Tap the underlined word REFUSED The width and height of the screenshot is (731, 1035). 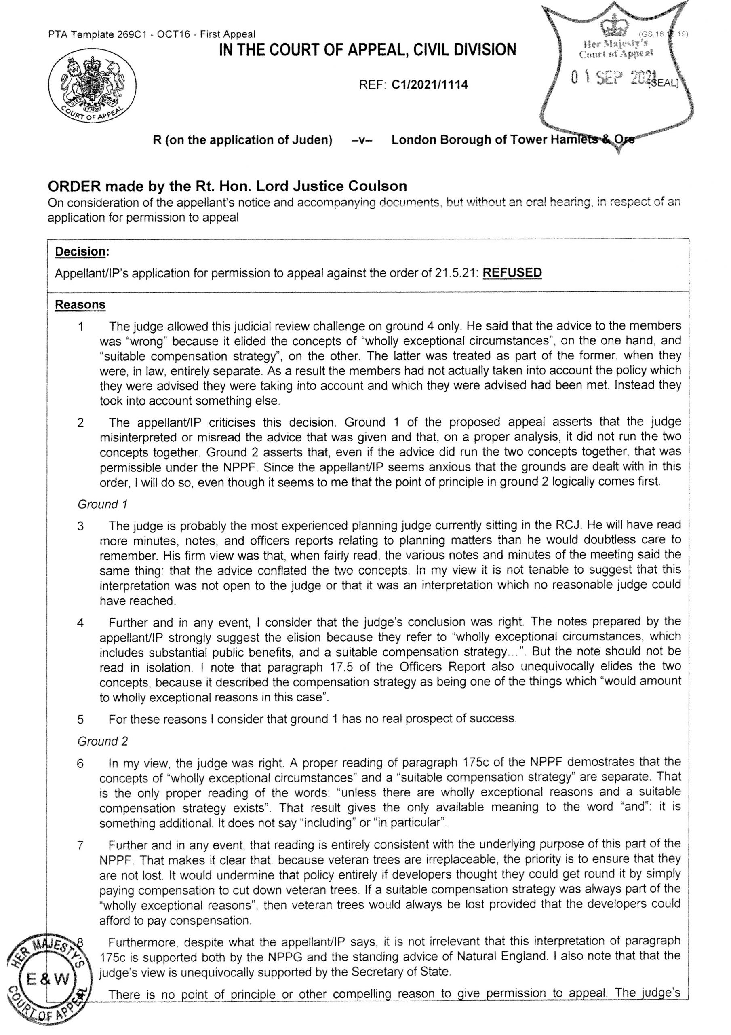pyautogui.click(x=512, y=273)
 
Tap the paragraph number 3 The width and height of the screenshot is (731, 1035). pyautogui.click(x=80, y=526)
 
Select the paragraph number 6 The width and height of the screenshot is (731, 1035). pyautogui.click(x=80, y=763)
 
